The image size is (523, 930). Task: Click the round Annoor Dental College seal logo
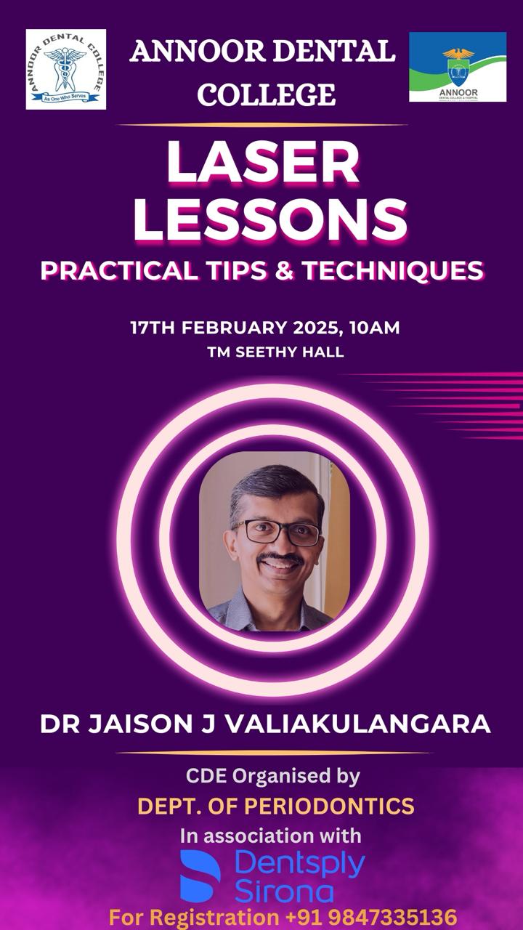(x=66, y=69)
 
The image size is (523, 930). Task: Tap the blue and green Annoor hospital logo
(x=458, y=67)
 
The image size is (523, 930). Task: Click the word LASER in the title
(x=263, y=162)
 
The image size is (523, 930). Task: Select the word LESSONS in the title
(x=270, y=219)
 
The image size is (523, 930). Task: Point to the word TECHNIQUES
(x=392, y=271)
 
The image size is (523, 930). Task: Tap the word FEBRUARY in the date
(x=234, y=328)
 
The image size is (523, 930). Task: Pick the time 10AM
(x=374, y=328)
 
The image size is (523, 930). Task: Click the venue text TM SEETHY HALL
(x=275, y=352)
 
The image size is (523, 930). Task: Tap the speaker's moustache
(x=280, y=558)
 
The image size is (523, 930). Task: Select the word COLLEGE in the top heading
(x=266, y=94)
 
